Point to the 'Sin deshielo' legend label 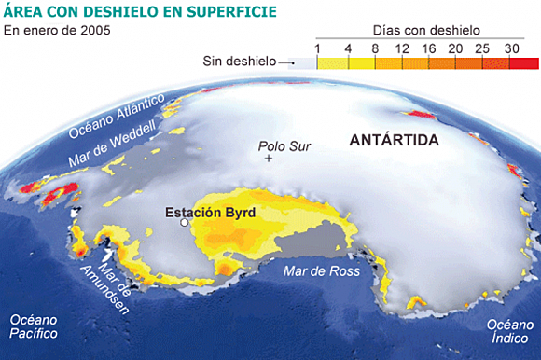240,62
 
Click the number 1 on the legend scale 318,47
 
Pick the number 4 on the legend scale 348,47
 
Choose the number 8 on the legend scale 375,47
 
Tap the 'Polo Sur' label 284,146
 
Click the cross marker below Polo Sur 270,159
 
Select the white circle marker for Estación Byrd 185,224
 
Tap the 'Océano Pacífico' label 35,327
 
